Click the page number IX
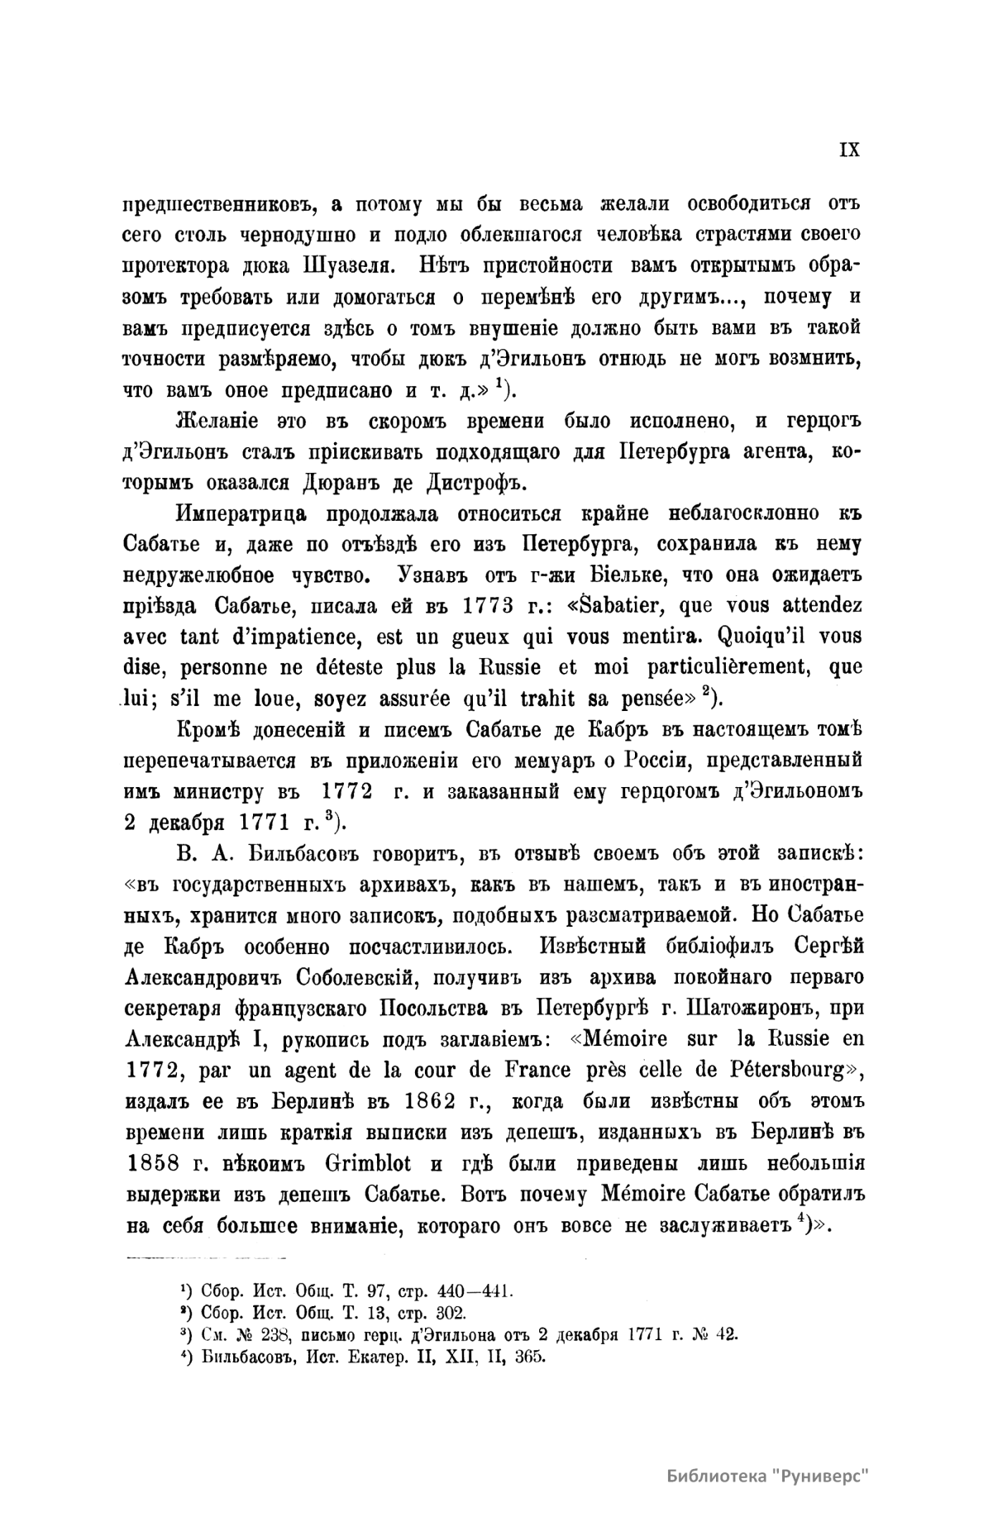(849, 150)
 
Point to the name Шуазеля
(330, 266)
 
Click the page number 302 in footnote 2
(450, 1312)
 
